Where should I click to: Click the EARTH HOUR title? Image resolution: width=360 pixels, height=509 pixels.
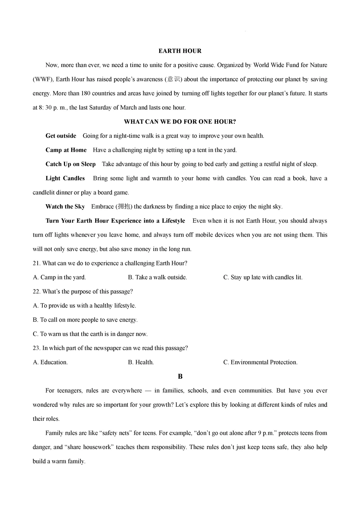click(x=180, y=51)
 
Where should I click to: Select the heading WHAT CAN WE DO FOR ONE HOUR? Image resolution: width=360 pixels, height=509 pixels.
click(x=180, y=122)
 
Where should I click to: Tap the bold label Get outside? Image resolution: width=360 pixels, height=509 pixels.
click(x=61, y=136)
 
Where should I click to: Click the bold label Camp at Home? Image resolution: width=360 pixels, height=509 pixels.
click(x=66, y=150)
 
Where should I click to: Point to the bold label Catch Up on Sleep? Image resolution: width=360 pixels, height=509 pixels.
click(x=70, y=164)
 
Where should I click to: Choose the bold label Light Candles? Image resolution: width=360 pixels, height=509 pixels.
click(x=65, y=178)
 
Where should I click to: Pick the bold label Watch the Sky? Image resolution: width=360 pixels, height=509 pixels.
click(x=65, y=207)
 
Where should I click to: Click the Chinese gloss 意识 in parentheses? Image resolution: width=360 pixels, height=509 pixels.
click(x=173, y=79)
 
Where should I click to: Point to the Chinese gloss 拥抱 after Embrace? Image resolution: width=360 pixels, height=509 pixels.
click(x=124, y=207)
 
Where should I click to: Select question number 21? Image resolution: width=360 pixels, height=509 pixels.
click(x=36, y=263)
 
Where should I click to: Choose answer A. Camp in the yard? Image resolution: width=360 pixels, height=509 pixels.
click(x=59, y=277)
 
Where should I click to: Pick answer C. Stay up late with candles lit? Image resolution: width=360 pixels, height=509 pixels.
click(x=263, y=277)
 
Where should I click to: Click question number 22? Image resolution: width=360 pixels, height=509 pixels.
click(x=36, y=292)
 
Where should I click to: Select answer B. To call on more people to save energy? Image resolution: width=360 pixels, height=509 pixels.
click(x=85, y=320)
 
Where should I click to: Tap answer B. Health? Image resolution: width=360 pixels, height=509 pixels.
click(x=141, y=362)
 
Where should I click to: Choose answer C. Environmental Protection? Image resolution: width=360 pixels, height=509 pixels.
click(x=260, y=362)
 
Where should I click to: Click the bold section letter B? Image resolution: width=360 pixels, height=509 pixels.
click(x=180, y=377)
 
